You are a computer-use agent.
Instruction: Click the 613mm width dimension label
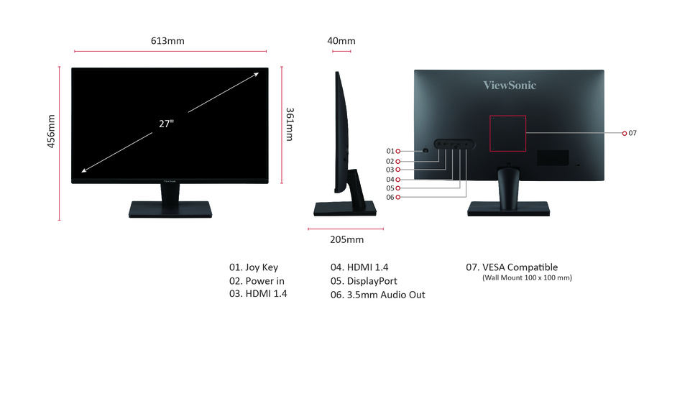pyautogui.click(x=167, y=41)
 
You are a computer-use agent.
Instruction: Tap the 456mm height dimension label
pyautogui.click(x=51, y=131)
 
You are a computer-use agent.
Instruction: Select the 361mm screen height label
pyautogui.click(x=290, y=124)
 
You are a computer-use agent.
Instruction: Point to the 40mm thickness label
pyautogui.click(x=341, y=41)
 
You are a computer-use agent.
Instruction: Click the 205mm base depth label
pyautogui.click(x=346, y=239)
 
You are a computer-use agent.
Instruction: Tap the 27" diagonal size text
pyautogui.click(x=166, y=124)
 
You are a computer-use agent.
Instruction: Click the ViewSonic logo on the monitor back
pyautogui.click(x=510, y=85)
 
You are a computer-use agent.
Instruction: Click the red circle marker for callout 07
pyautogui.click(x=625, y=134)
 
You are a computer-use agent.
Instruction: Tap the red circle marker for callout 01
pyautogui.click(x=397, y=152)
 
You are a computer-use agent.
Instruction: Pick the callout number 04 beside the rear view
pyautogui.click(x=390, y=180)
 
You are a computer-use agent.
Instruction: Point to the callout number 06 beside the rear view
pyautogui.click(x=390, y=197)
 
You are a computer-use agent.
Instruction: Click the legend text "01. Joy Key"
pyautogui.click(x=254, y=267)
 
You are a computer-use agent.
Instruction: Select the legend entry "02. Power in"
pyautogui.click(x=257, y=281)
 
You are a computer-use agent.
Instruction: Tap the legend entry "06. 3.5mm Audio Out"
pyautogui.click(x=377, y=295)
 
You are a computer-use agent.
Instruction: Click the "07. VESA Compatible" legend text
pyautogui.click(x=512, y=267)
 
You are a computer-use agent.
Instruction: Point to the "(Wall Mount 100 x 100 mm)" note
pyautogui.click(x=527, y=277)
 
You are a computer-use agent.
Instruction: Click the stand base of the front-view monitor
pyautogui.click(x=170, y=209)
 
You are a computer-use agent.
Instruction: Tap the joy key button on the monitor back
pyautogui.click(x=425, y=150)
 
